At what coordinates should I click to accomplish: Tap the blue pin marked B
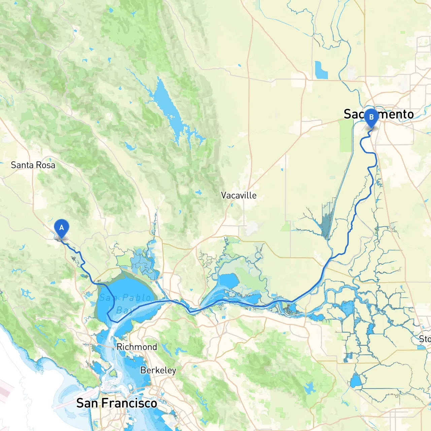click(x=371, y=118)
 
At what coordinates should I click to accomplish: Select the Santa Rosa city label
click(x=33, y=165)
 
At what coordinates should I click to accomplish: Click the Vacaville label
click(x=239, y=195)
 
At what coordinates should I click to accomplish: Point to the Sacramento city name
click(x=378, y=114)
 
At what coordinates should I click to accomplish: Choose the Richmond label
click(x=137, y=347)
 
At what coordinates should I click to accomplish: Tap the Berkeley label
click(x=158, y=370)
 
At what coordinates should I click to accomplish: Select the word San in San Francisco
click(x=88, y=403)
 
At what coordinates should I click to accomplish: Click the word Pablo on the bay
click(x=137, y=298)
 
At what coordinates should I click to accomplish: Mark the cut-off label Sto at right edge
click(x=425, y=339)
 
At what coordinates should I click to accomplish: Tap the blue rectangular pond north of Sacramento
click(x=321, y=70)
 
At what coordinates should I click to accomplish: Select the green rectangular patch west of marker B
click(x=345, y=135)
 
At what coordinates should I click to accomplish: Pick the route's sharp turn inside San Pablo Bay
click(x=108, y=314)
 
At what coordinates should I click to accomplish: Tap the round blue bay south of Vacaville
click(x=229, y=280)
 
